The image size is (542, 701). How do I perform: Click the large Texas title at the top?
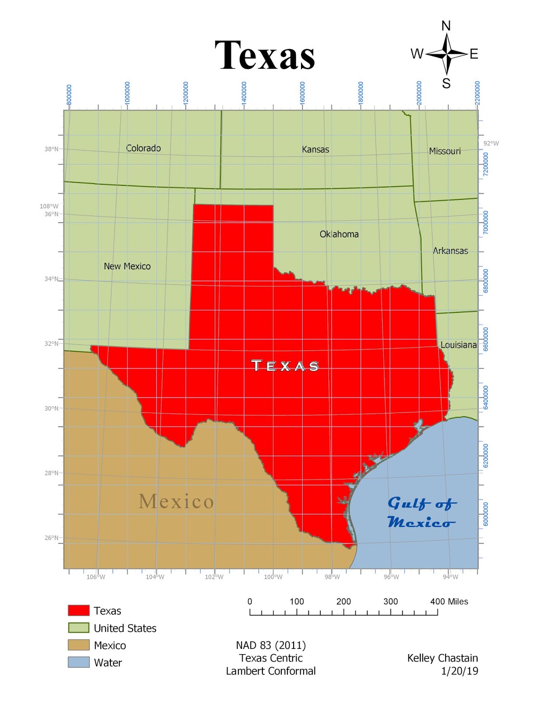[x=265, y=55]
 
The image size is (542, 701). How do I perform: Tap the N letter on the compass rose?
[x=446, y=26]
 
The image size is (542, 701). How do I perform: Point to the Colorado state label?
[x=143, y=148]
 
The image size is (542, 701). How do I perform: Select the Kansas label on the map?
[x=315, y=149]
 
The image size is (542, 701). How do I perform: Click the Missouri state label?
[x=445, y=151]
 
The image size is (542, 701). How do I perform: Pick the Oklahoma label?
[x=339, y=234]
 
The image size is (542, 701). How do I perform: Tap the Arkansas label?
[x=450, y=251]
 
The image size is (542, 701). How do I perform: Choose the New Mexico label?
[x=127, y=266]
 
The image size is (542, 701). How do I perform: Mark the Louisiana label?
[x=458, y=345]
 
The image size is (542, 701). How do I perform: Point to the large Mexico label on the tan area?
[x=176, y=501]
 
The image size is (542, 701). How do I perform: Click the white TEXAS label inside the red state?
[x=285, y=365]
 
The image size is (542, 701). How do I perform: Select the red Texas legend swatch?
[x=78, y=610]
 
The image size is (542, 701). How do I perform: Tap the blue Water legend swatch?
[x=78, y=662]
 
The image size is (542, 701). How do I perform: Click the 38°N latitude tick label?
[x=51, y=149]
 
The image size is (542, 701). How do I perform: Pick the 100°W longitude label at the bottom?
[x=273, y=577]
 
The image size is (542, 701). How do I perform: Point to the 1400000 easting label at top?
[x=244, y=92]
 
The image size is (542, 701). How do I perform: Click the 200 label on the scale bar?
[x=344, y=601]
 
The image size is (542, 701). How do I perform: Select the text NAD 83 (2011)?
[x=271, y=645]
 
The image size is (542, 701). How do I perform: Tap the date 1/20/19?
[x=460, y=671]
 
